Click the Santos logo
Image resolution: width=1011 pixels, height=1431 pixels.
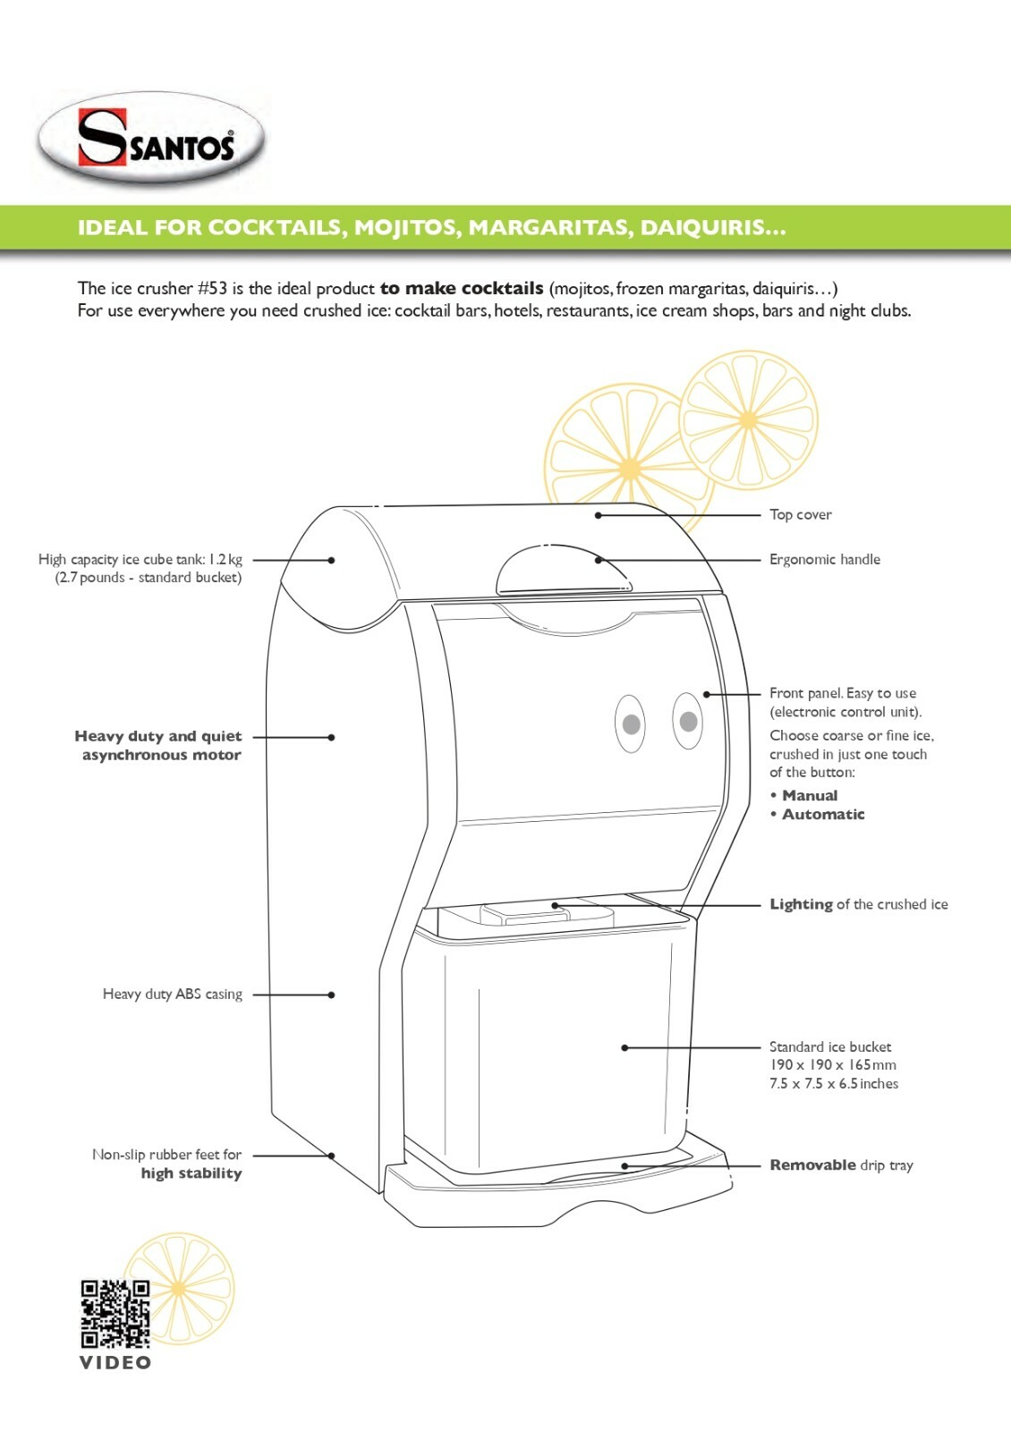click(x=151, y=138)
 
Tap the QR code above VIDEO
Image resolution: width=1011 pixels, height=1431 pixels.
click(x=115, y=1314)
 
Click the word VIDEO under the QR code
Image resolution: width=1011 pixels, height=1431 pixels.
click(x=115, y=1363)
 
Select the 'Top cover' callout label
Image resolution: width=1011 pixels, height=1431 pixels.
click(x=800, y=515)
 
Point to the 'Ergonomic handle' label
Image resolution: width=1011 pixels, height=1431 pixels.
click(x=824, y=560)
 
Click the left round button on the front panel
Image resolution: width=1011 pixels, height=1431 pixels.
click(x=631, y=724)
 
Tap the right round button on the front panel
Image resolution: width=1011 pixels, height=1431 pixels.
click(x=688, y=721)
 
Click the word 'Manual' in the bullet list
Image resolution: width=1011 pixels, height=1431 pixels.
click(x=810, y=795)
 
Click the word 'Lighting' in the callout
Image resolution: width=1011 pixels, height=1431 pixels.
click(x=802, y=904)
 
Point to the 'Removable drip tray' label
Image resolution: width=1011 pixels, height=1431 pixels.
click(x=841, y=1165)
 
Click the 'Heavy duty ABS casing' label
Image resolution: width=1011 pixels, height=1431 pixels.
click(x=173, y=995)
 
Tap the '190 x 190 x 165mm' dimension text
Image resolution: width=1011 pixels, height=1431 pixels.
click(x=833, y=1065)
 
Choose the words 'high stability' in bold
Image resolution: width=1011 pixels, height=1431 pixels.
click(x=191, y=1173)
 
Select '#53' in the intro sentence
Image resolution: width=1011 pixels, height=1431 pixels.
click(x=213, y=289)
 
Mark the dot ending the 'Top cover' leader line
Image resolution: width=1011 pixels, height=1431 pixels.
click(x=599, y=515)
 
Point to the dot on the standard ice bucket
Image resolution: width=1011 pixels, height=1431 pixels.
click(x=624, y=1047)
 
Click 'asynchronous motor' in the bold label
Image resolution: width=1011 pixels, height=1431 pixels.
click(x=162, y=755)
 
